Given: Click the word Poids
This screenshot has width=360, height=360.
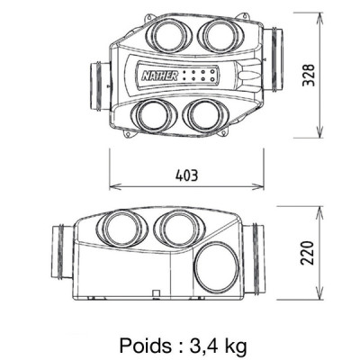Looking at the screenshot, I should click(143, 344).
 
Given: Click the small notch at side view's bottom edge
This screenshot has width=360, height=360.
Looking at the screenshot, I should click(156, 292).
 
